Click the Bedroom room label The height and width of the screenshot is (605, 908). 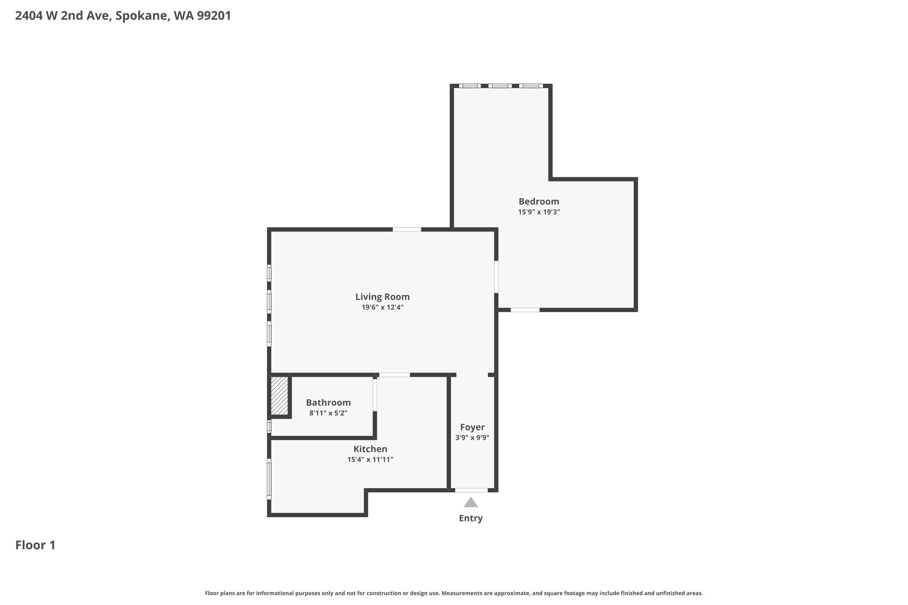pyautogui.click(x=539, y=202)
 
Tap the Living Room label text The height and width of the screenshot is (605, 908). pyautogui.click(x=382, y=297)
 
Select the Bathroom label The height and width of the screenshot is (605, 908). pyautogui.click(x=328, y=402)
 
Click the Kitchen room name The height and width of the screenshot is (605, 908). pyautogui.click(x=370, y=449)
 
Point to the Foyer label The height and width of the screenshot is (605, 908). pyautogui.click(x=472, y=427)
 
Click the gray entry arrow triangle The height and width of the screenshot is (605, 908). pyautogui.click(x=471, y=502)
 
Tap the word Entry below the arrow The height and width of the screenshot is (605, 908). pyautogui.click(x=471, y=518)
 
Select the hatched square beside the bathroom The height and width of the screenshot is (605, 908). pyautogui.click(x=279, y=396)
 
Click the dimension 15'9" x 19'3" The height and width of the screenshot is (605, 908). pyautogui.click(x=539, y=212)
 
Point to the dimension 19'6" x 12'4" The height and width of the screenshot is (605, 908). pyautogui.click(x=383, y=307)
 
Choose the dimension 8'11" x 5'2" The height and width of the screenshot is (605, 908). pyautogui.click(x=328, y=413)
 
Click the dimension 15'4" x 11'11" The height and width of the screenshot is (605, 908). pyautogui.click(x=370, y=460)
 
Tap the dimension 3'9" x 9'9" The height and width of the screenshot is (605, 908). pyautogui.click(x=472, y=438)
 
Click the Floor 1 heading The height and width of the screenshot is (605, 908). pyautogui.click(x=35, y=545)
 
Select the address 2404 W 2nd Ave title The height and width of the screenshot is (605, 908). pyautogui.click(x=123, y=16)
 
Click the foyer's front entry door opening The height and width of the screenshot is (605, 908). pyautogui.click(x=471, y=490)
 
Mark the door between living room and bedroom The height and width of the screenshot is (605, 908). pyautogui.click(x=496, y=277)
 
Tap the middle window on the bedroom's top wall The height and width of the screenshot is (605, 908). pyautogui.click(x=500, y=86)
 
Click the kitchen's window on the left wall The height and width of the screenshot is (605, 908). pyautogui.click(x=269, y=479)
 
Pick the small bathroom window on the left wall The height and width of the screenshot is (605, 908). pyautogui.click(x=269, y=426)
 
